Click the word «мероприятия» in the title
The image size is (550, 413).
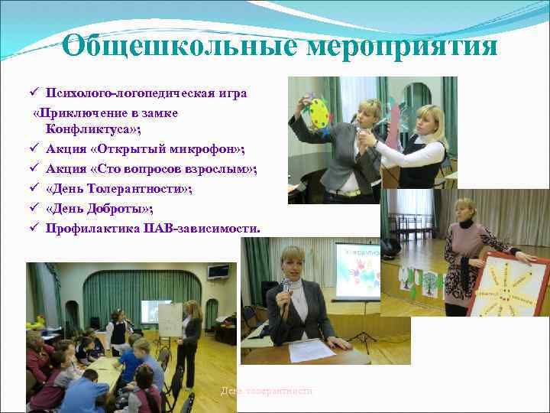pyautogui.click(x=402, y=46)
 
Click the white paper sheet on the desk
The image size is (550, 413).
pyautogui.click(x=312, y=351)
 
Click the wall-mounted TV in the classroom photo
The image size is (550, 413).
pyautogui.click(x=218, y=271)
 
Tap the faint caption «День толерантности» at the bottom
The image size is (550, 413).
pyautogui.click(x=267, y=391)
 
